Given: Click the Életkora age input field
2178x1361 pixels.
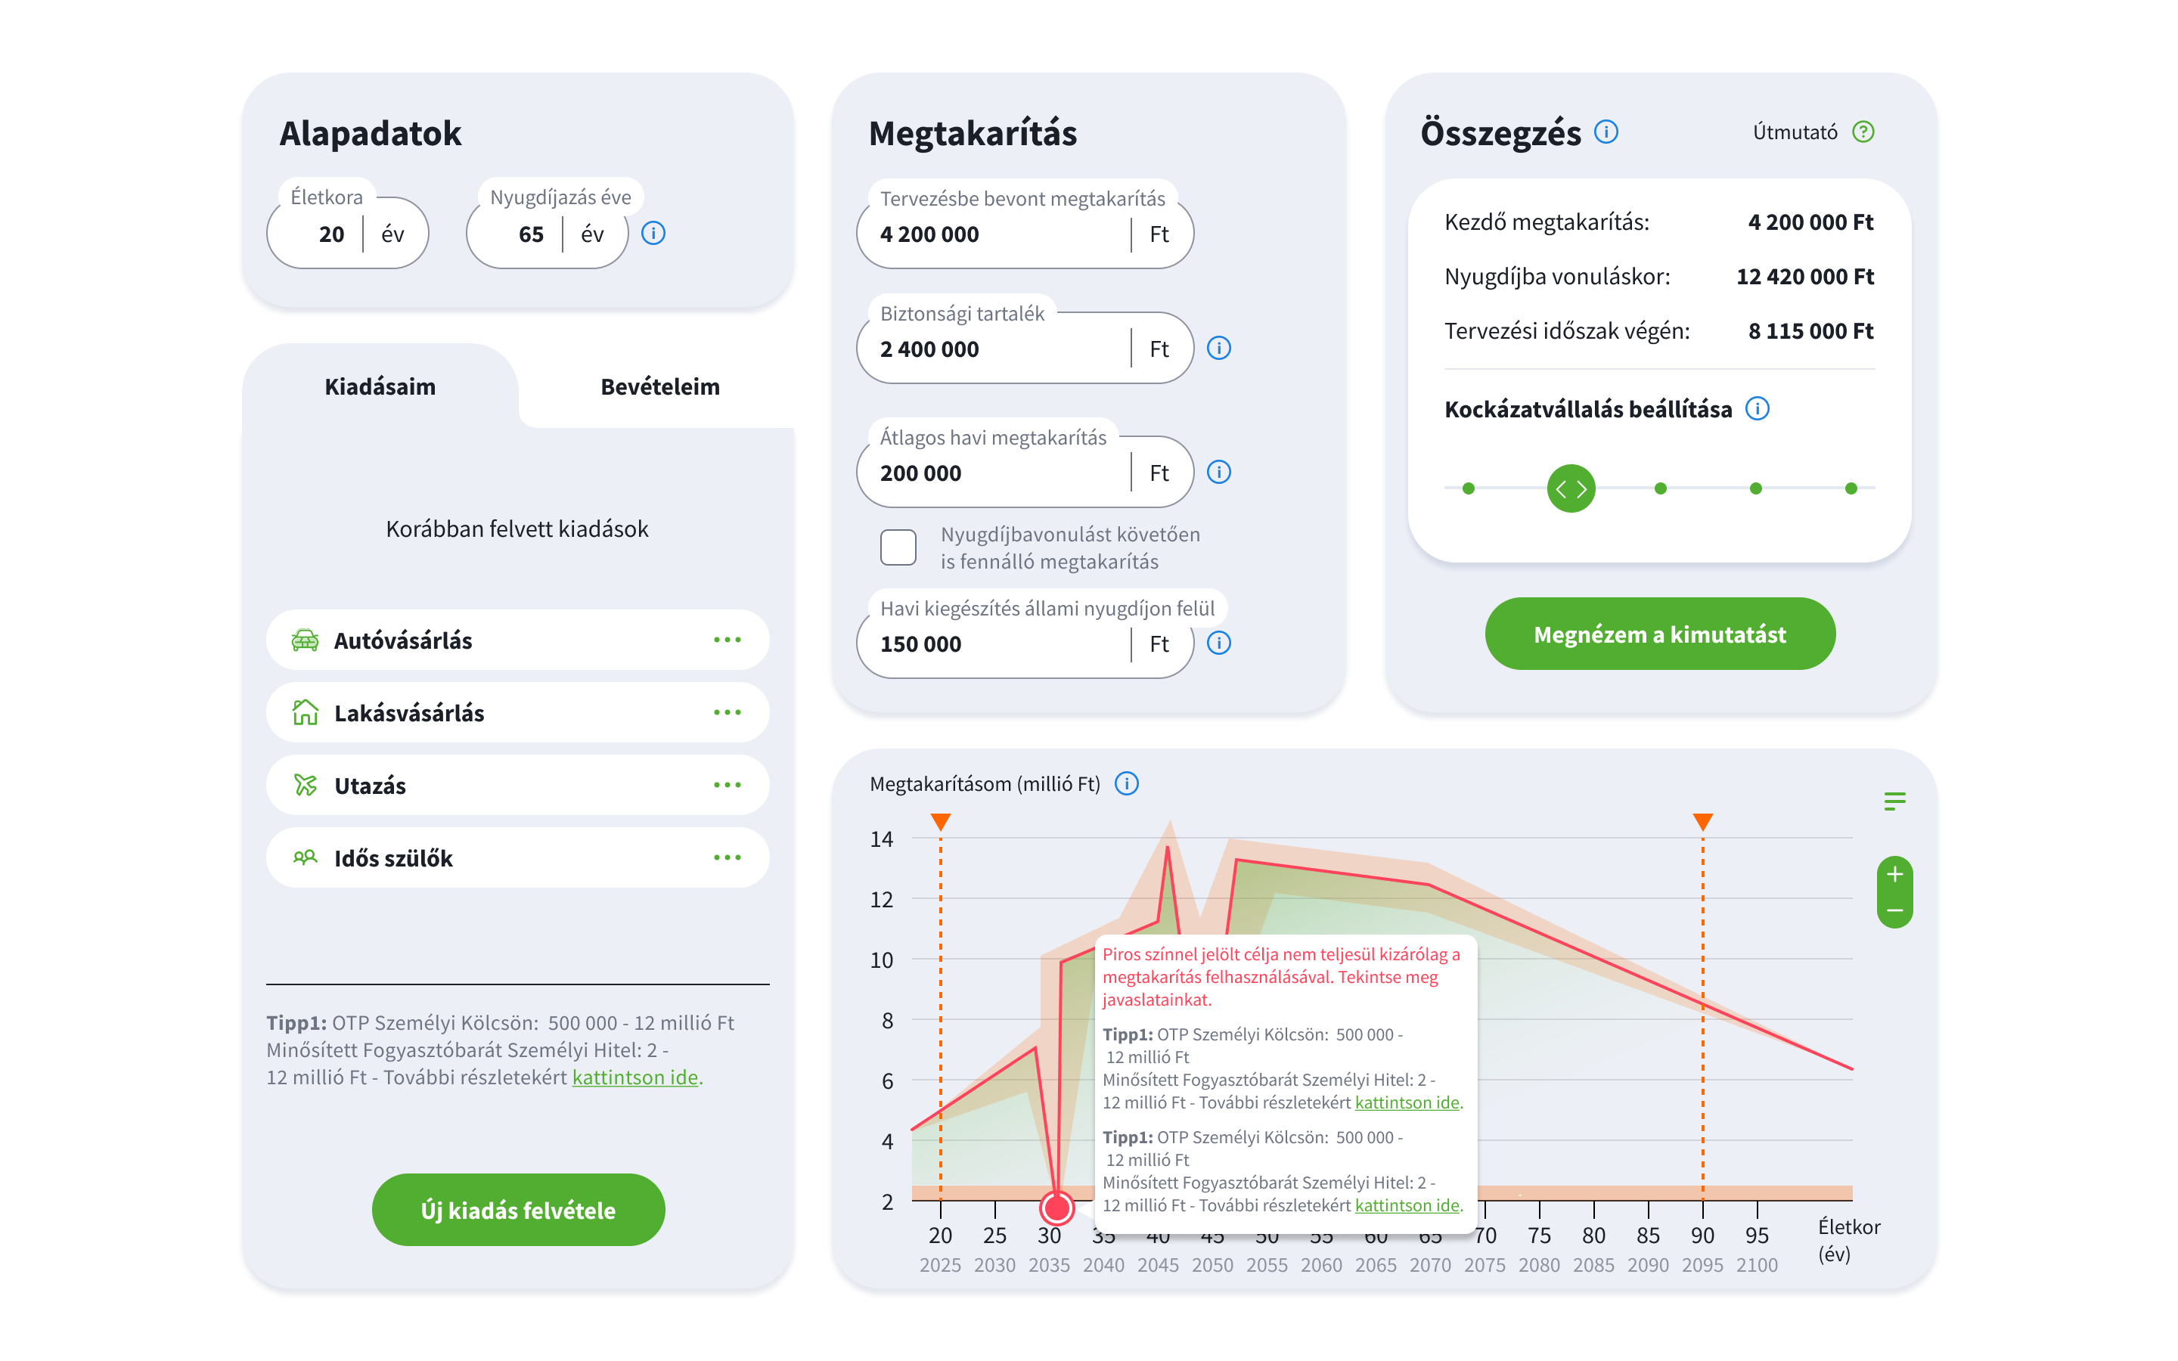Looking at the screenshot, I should pyautogui.click(x=330, y=234).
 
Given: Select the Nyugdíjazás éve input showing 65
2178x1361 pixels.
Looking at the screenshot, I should pyautogui.click(x=530, y=234).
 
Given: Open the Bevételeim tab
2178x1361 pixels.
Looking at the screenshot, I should pyautogui.click(x=659, y=387).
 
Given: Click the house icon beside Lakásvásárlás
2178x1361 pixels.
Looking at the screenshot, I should pyautogui.click(x=305, y=712).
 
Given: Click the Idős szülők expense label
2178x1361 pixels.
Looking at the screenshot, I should pyautogui.click(x=393, y=858).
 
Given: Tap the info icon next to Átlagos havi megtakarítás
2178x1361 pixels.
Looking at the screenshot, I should pyautogui.click(x=1218, y=472).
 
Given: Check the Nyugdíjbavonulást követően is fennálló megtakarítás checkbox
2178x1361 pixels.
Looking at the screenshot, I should pyautogui.click(x=898, y=547).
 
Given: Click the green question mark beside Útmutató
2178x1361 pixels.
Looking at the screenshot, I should pyautogui.click(x=1863, y=132).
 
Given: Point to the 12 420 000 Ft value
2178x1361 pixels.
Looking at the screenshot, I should pyautogui.click(x=1804, y=276).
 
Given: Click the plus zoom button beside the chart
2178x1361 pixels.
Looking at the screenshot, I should pyautogui.click(x=1894, y=874).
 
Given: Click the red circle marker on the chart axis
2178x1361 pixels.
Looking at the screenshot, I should pyautogui.click(x=1056, y=1207).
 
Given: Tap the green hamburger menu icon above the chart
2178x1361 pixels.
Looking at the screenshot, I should pyautogui.click(x=1894, y=801).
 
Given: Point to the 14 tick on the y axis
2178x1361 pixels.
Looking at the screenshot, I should pyautogui.click(x=881, y=839).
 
